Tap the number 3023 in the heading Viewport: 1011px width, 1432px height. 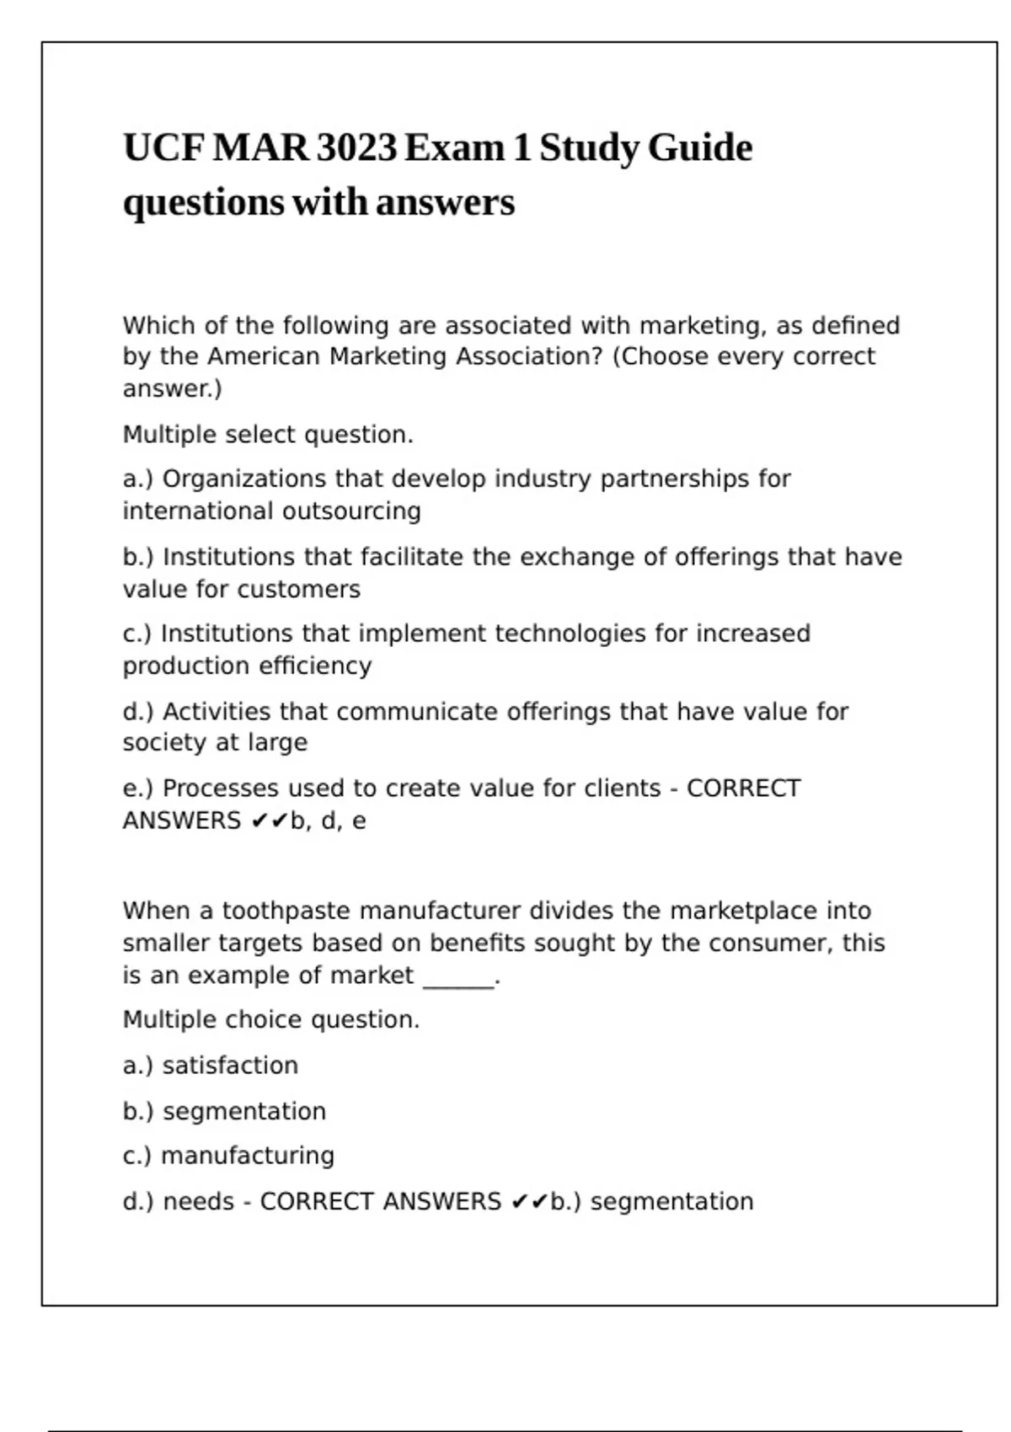click(356, 148)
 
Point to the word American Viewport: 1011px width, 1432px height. click(264, 356)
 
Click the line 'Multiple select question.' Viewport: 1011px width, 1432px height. click(268, 435)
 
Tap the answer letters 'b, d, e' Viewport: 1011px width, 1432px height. click(328, 820)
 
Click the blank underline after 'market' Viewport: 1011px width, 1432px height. click(458, 977)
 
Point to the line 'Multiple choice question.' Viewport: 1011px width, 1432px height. click(271, 1020)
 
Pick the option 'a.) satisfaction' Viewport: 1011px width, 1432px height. click(211, 1066)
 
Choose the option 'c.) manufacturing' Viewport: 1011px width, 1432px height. click(228, 1156)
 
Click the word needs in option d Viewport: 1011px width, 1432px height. click(198, 1201)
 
